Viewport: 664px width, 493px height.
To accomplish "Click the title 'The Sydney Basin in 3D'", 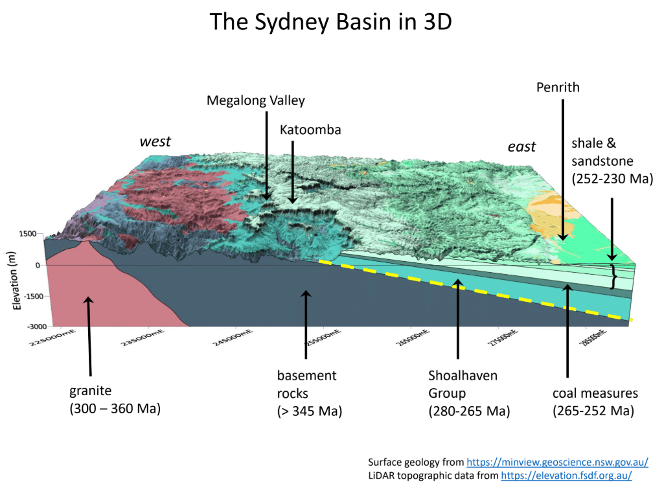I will [x=331, y=23].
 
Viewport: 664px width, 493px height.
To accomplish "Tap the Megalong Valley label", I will [x=255, y=100].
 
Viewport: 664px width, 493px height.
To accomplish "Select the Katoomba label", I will [x=310, y=130].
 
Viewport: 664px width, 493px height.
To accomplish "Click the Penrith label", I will [x=558, y=87].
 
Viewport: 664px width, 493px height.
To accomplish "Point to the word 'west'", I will [x=155, y=141].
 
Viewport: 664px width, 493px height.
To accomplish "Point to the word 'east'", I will [x=521, y=146].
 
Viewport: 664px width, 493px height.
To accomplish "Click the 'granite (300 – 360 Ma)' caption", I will [x=115, y=400].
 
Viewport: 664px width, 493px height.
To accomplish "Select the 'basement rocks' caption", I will [x=308, y=393].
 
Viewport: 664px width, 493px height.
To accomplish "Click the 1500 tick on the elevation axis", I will [x=27, y=234].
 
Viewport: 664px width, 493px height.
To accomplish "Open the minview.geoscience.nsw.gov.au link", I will [x=557, y=462].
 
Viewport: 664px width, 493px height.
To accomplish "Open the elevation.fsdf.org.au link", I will [x=566, y=476].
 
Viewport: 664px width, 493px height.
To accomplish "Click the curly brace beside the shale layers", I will [x=614, y=277].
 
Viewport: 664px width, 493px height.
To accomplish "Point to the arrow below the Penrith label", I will [x=562, y=168].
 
